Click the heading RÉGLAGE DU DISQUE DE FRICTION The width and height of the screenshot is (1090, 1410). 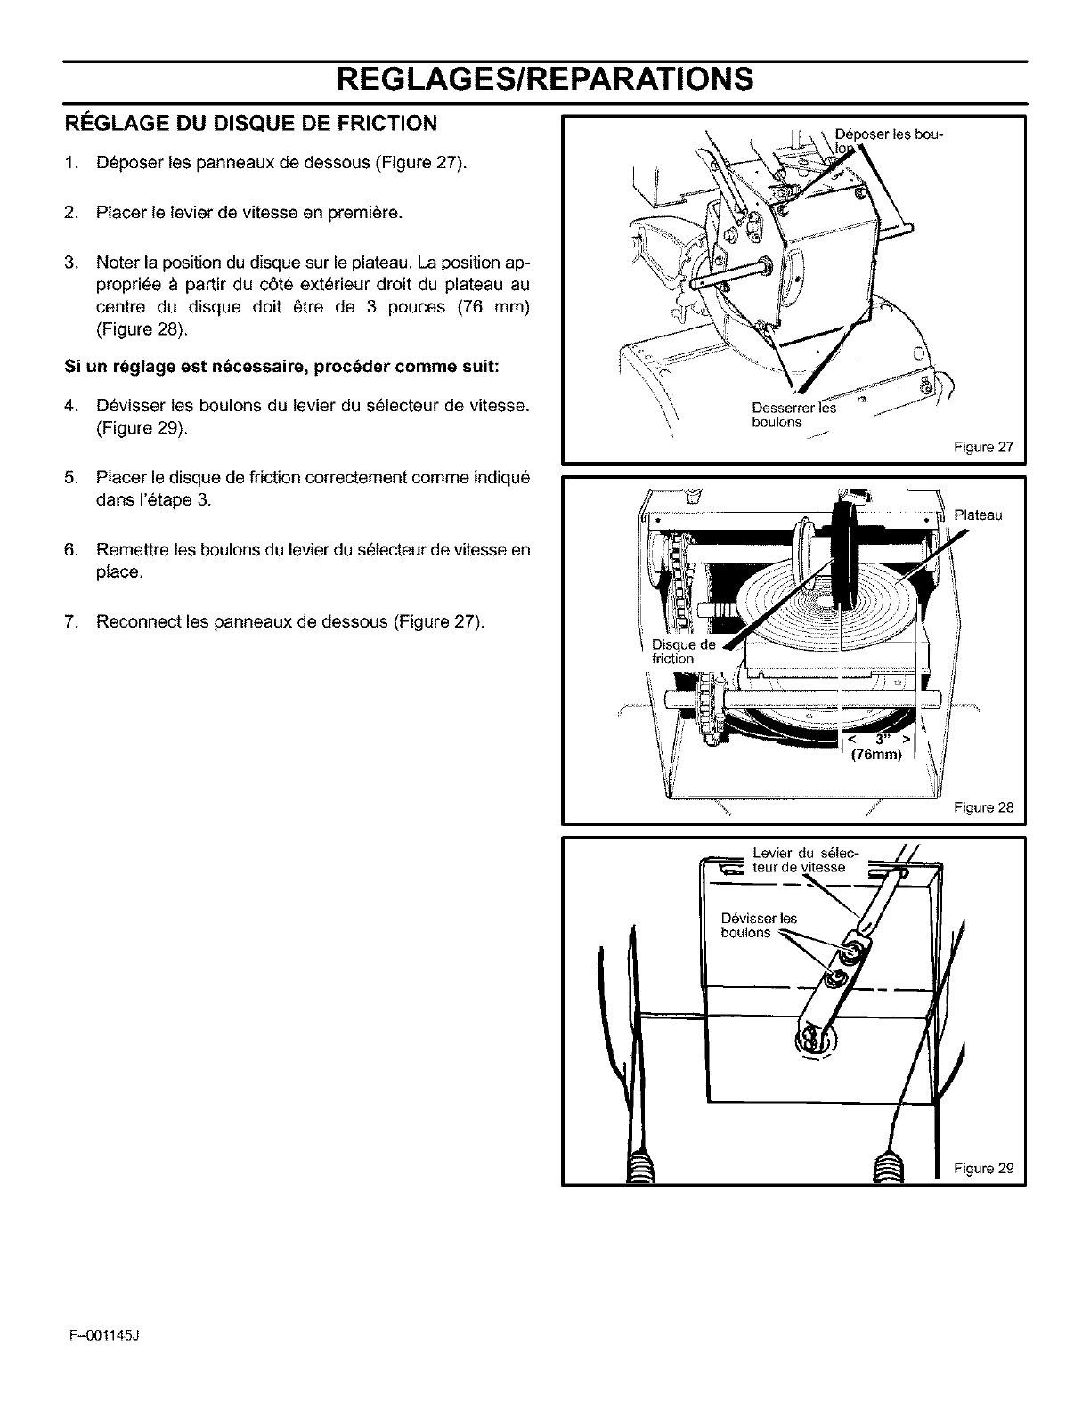point(251,124)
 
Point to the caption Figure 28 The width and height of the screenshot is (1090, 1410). point(983,808)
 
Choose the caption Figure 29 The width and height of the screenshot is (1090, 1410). point(983,1169)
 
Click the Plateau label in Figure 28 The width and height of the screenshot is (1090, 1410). point(978,515)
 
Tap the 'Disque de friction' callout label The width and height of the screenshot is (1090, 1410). point(682,652)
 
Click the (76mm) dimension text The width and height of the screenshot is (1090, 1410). point(876,756)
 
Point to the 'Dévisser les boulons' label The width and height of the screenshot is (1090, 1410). point(759,926)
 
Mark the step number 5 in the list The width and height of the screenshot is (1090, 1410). point(70,478)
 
